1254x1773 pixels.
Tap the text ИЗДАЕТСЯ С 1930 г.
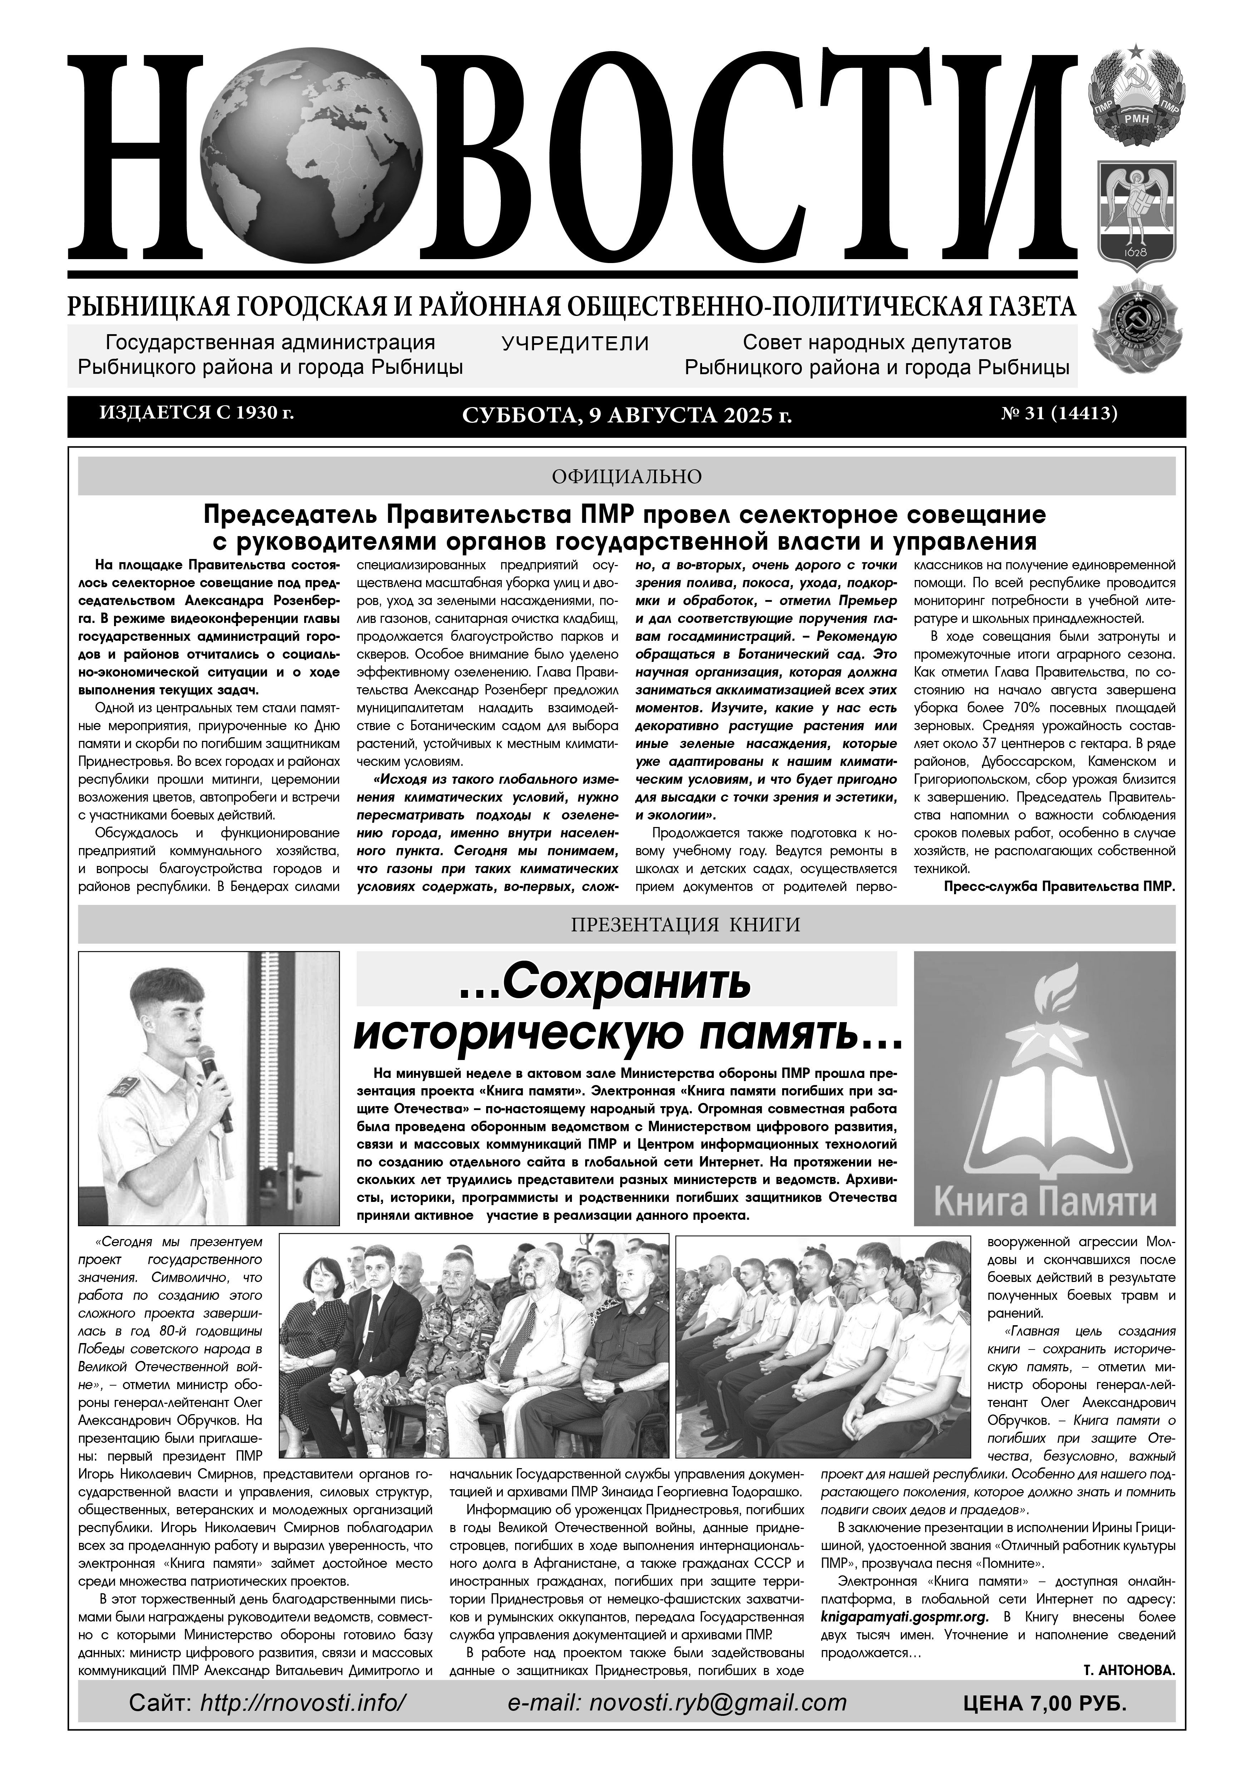point(197,413)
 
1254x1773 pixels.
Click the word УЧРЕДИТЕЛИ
point(575,343)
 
